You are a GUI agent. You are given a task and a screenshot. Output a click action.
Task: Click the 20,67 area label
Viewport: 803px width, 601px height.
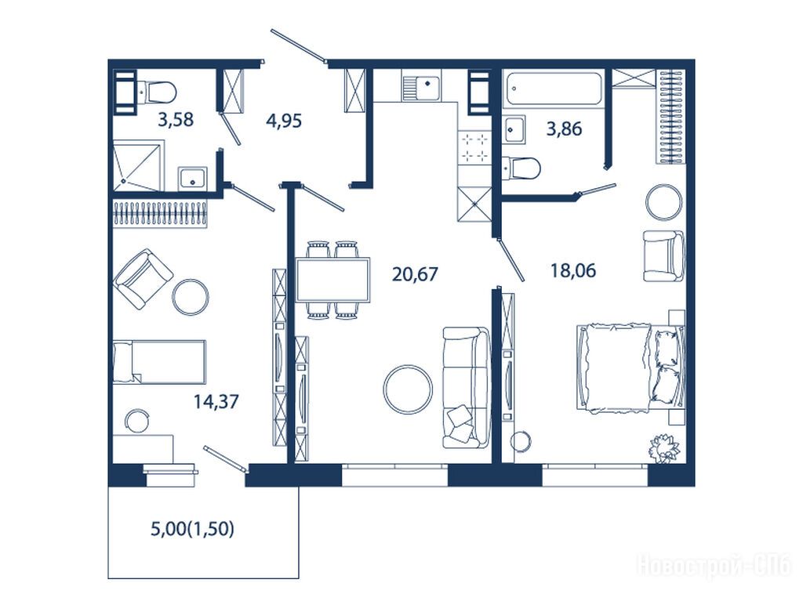coord(415,274)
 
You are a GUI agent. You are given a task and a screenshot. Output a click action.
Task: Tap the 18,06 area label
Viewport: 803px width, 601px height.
coord(573,270)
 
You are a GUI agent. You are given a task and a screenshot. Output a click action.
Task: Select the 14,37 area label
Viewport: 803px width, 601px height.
coord(216,401)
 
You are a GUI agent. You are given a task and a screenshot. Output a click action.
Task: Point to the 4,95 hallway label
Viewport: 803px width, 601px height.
coord(284,121)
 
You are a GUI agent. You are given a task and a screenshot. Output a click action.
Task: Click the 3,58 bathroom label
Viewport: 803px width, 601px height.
coord(176,120)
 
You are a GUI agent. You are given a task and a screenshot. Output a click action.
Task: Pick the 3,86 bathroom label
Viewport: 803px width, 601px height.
coord(564,129)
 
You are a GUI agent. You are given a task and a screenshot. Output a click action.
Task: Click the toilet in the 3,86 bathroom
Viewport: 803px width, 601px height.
coord(521,168)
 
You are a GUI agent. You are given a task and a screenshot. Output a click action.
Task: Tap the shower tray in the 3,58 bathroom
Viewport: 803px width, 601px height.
coord(137,166)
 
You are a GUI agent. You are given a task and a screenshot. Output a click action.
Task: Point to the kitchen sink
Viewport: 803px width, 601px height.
coord(420,89)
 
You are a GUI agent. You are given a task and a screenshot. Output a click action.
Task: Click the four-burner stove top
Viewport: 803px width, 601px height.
coord(474,147)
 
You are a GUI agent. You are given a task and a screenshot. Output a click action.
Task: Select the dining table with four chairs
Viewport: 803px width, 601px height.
coord(332,280)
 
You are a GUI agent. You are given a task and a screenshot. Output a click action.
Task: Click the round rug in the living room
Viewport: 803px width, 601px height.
coord(408,389)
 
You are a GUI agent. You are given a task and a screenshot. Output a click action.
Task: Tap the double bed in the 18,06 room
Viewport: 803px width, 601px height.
coord(630,367)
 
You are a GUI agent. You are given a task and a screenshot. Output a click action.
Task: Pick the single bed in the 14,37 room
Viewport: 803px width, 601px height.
coord(158,361)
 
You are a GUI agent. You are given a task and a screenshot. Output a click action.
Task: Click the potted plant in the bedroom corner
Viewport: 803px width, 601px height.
coord(665,448)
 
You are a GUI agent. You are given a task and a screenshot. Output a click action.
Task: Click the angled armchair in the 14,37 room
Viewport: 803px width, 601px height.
coord(143,278)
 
